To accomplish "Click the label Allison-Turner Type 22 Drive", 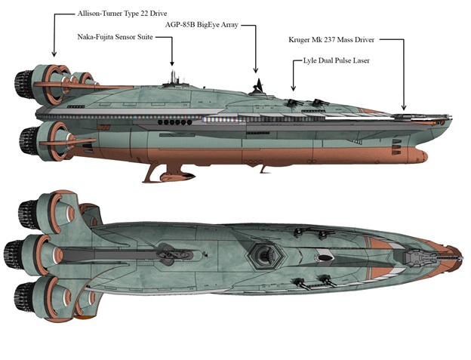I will point(122,14).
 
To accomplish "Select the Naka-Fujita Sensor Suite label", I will point(123,36).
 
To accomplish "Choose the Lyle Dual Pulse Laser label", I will point(340,60).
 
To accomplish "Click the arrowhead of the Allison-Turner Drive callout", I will point(54,56).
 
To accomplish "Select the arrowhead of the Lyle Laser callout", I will point(294,85).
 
